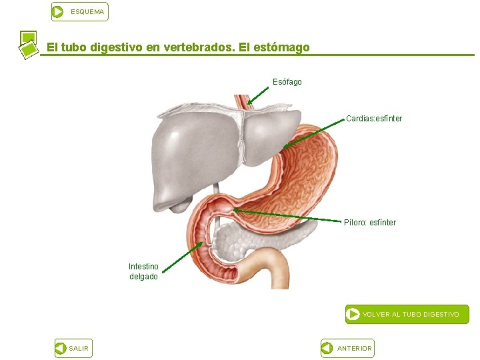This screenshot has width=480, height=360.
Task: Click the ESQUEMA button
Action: pyautogui.click(x=79, y=12)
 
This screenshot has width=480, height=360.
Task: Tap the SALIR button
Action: pyautogui.click(x=72, y=348)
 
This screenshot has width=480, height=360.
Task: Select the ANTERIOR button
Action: pyautogui.click(x=347, y=348)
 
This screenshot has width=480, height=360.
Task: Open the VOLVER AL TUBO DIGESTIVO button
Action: pyautogui.click(x=407, y=314)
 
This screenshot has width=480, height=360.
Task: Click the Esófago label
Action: pyautogui.click(x=287, y=82)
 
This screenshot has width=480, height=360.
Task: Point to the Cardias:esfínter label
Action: pyautogui.click(x=374, y=119)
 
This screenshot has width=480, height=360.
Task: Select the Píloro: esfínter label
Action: pyautogui.click(x=370, y=223)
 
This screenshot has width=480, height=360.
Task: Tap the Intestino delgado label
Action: pyautogui.click(x=143, y=271)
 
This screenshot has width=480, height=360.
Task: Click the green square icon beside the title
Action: pyautogui.click(x=27, y=44)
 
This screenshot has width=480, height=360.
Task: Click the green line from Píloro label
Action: pyautogui.click(x=287, y=215)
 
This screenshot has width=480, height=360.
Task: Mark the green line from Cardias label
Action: pyautogui.click(x=313, y=133)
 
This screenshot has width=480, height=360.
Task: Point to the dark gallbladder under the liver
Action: pyautogui.click(x=178, y=206)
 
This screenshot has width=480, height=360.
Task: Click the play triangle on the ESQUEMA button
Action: pyautogui.click(x=59, y=12)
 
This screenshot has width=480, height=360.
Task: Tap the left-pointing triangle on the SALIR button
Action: pyautogui.click(x=60, y=348)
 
